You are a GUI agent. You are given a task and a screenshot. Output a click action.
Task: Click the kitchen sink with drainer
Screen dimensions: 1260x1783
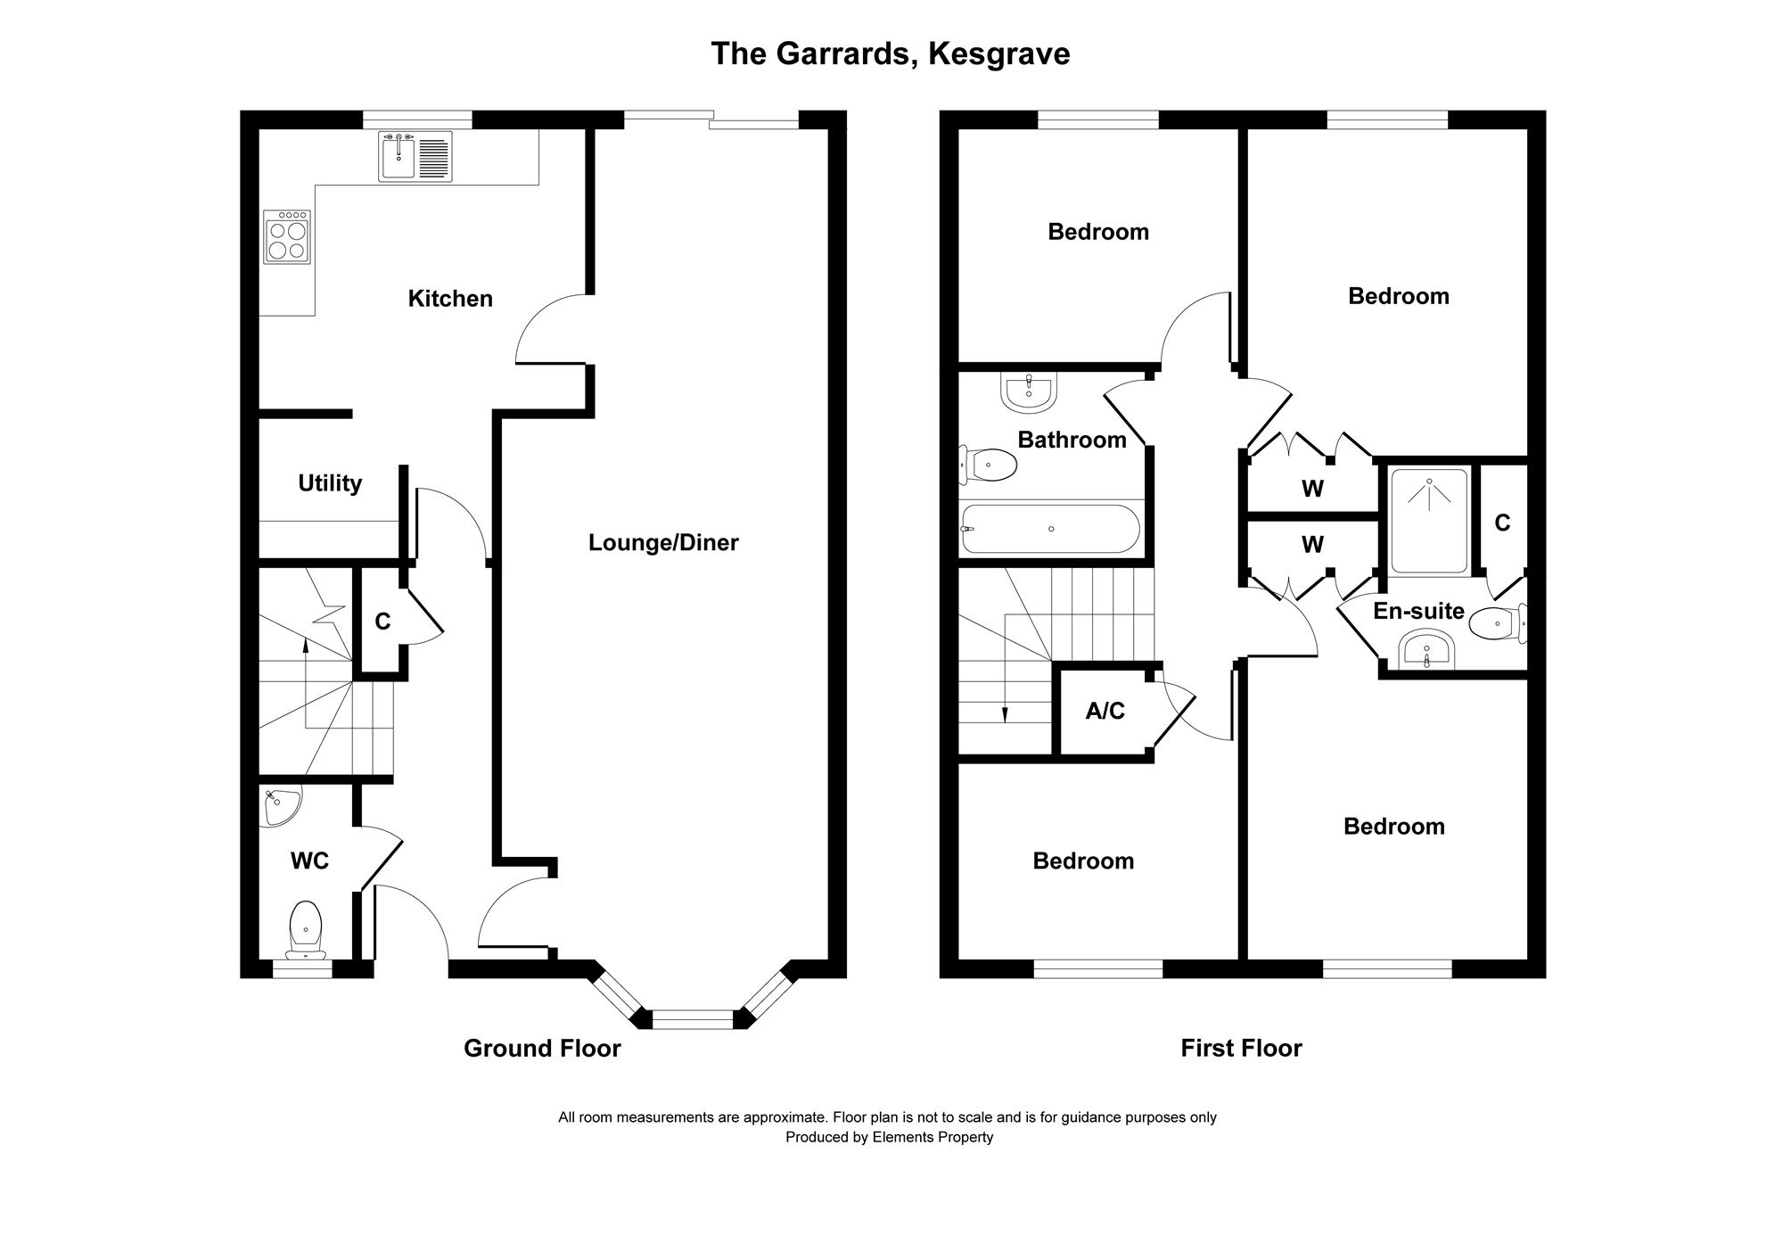(415, 156)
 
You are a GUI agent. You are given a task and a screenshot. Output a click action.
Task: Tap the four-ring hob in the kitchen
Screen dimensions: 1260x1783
(287, 237)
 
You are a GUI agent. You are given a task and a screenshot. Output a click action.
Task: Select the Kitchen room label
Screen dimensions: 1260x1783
(450, 299)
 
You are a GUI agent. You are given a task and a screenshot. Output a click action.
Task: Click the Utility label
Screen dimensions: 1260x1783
(330, 483)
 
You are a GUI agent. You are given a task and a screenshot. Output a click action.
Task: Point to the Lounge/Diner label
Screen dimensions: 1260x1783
(663, 543)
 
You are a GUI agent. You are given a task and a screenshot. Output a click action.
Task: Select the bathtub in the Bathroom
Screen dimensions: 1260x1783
(1051, 529)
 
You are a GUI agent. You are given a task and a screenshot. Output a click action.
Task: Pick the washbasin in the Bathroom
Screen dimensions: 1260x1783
(1029, 392)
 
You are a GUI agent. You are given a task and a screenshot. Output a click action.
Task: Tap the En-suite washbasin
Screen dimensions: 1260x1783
(1427, 651)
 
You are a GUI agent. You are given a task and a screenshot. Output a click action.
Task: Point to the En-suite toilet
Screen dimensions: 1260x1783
(1498, 623)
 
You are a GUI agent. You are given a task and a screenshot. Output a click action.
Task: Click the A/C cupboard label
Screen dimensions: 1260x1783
(1105, 711)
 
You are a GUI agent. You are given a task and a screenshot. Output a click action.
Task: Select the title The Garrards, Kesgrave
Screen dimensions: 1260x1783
(890, 54)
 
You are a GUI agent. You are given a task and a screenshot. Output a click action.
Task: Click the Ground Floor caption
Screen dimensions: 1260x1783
(542, 1048)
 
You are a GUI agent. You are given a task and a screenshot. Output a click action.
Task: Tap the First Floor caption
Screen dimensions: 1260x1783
(1241, 1048)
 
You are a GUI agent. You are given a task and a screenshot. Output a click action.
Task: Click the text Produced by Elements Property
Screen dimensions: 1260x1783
(889, 1137)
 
